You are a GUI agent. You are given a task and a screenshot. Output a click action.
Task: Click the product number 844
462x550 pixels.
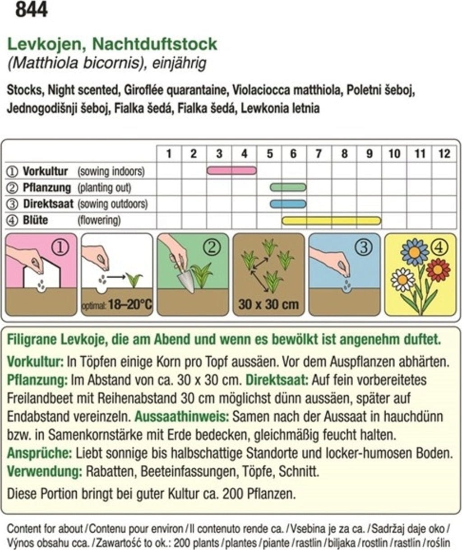31,10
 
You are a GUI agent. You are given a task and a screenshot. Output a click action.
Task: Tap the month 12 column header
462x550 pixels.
444,154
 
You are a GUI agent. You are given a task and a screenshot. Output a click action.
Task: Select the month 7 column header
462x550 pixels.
319,154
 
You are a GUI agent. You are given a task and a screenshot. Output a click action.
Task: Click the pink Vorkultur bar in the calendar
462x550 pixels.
231,170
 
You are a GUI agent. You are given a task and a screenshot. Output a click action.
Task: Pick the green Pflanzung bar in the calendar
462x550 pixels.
288,187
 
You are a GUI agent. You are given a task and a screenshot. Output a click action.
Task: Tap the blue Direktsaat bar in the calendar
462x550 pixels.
288,204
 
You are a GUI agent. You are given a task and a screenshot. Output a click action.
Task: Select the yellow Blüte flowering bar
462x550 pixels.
332,220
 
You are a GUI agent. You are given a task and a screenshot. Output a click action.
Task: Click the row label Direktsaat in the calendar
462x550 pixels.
48,204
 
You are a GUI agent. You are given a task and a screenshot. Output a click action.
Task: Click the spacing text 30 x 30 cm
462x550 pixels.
268,304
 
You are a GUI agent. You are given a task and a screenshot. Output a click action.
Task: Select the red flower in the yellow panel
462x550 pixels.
438,270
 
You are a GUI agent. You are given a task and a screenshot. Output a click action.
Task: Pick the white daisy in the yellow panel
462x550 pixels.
402,280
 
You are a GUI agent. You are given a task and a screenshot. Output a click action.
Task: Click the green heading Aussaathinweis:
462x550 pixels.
176,416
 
